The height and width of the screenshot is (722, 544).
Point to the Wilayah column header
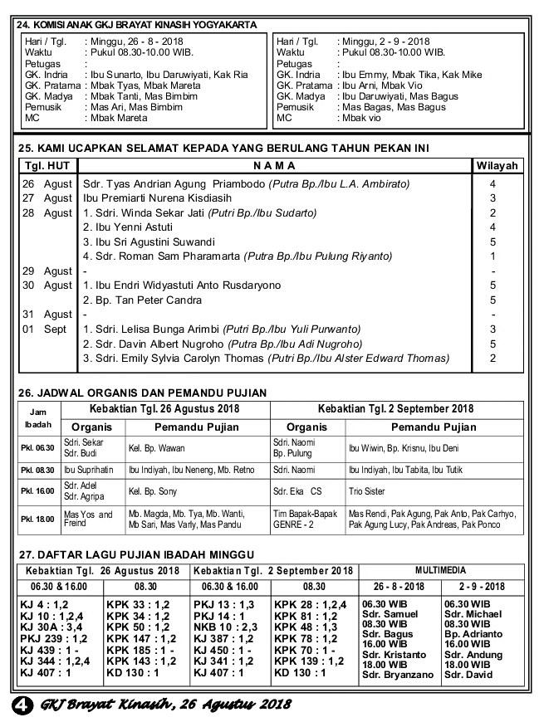(497, 166)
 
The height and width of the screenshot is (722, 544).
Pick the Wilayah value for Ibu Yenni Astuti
(493, 227)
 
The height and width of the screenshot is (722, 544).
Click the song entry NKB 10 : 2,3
(226, 628)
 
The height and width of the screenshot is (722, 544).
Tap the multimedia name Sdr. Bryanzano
(397, 676)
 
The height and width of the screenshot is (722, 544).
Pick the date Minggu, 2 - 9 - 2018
(384, 41)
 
